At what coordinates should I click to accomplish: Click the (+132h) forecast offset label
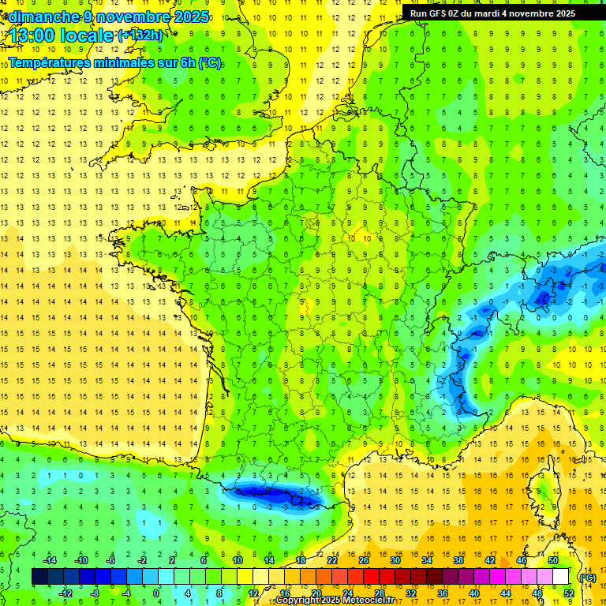pos(140,35)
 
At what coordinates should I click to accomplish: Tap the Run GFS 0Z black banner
pos(492,13)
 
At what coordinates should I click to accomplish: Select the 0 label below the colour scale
pos(156,593)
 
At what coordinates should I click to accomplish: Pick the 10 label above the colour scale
pos(237,560)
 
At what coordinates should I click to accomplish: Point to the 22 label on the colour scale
pos(332,560)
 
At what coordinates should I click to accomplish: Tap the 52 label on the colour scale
pos(569,593)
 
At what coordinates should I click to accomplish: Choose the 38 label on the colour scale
pos(458,560)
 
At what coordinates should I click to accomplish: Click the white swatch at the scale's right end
pos(561,576)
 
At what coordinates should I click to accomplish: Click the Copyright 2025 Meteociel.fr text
pos(334,600)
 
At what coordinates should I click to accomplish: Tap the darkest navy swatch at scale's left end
pos(39,576)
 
